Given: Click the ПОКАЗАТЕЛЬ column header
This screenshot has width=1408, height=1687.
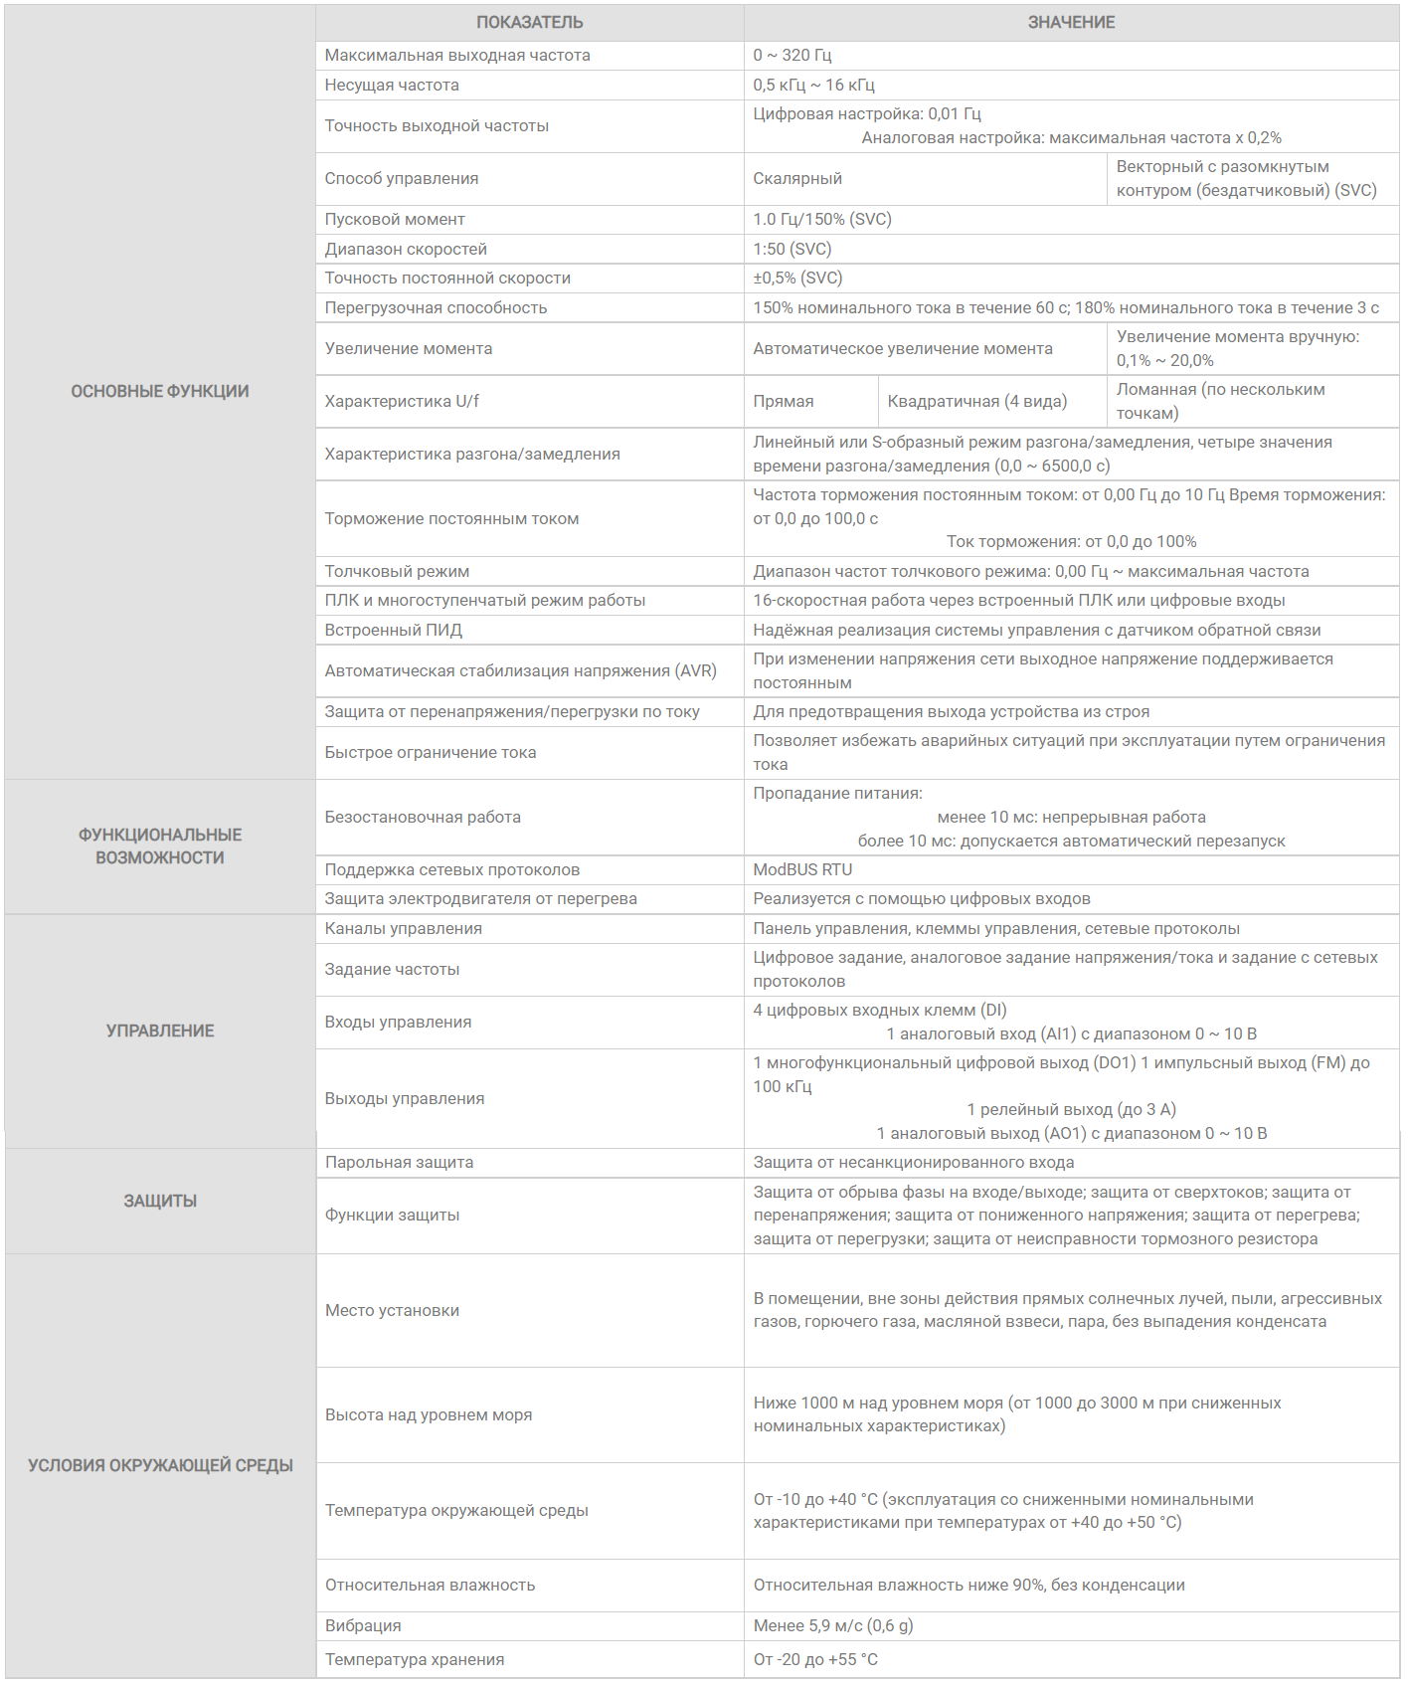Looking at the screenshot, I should point(529,22).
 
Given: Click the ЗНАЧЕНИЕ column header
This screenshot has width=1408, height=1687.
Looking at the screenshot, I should point(1071,22).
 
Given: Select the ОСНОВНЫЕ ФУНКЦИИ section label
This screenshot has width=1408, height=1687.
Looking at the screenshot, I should point(160,391).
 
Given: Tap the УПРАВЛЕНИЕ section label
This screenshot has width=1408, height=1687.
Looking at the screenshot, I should point(160,1031).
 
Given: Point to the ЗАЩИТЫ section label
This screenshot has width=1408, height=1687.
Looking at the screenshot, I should point(160,1201).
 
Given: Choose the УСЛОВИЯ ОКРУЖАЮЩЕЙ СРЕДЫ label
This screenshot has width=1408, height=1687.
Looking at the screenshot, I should point(160,1465).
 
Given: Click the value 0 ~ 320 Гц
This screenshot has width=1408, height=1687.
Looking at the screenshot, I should point(792,55).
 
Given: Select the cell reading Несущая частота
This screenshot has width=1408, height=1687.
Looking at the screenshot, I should point(392,85).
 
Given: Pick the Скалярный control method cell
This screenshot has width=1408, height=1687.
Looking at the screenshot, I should point(797,178).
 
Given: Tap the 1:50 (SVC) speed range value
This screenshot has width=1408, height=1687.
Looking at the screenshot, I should point(792,249).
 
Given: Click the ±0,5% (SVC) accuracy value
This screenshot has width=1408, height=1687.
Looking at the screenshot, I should point(797,278).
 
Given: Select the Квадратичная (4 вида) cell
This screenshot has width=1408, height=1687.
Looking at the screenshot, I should point(976,401).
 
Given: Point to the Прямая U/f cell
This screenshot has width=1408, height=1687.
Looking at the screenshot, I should point(784,401).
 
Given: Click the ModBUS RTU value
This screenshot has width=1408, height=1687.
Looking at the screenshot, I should point(802,869).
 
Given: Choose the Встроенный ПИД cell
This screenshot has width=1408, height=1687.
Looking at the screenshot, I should point(394,630).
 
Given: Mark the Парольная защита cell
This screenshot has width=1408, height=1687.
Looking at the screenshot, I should point(399,1162).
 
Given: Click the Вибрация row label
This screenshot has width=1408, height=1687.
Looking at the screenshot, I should point(363,1625).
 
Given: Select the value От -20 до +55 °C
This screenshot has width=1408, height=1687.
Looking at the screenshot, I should point(815,1659).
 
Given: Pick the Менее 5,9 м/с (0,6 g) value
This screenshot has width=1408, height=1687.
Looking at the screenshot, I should point(833,1625).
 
